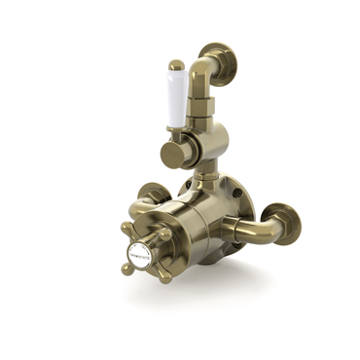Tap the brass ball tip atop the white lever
[x=176, y=66]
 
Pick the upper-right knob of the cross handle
[x=166, y=234]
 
